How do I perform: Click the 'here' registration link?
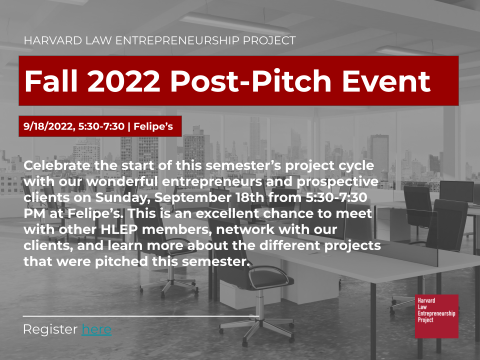(x=96, y=329)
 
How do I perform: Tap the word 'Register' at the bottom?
(x=50, y=330)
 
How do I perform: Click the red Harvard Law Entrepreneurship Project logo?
(x=436, y=316)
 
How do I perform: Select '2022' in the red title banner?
(x=123, y=81)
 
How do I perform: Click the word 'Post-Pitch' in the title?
(x=250, y=81)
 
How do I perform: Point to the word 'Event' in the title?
(x=386, y=81)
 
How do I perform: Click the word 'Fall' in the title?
(x=51, y=81)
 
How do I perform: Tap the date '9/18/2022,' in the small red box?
(x=49, y=126)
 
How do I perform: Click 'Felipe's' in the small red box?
(x=153, y=126)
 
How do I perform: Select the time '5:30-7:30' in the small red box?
(x=101, y=126)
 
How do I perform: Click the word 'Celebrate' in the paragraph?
(x=57, y=165)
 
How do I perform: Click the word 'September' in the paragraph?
(x=193, y=198)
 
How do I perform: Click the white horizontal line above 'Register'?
(x=141, y=316)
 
